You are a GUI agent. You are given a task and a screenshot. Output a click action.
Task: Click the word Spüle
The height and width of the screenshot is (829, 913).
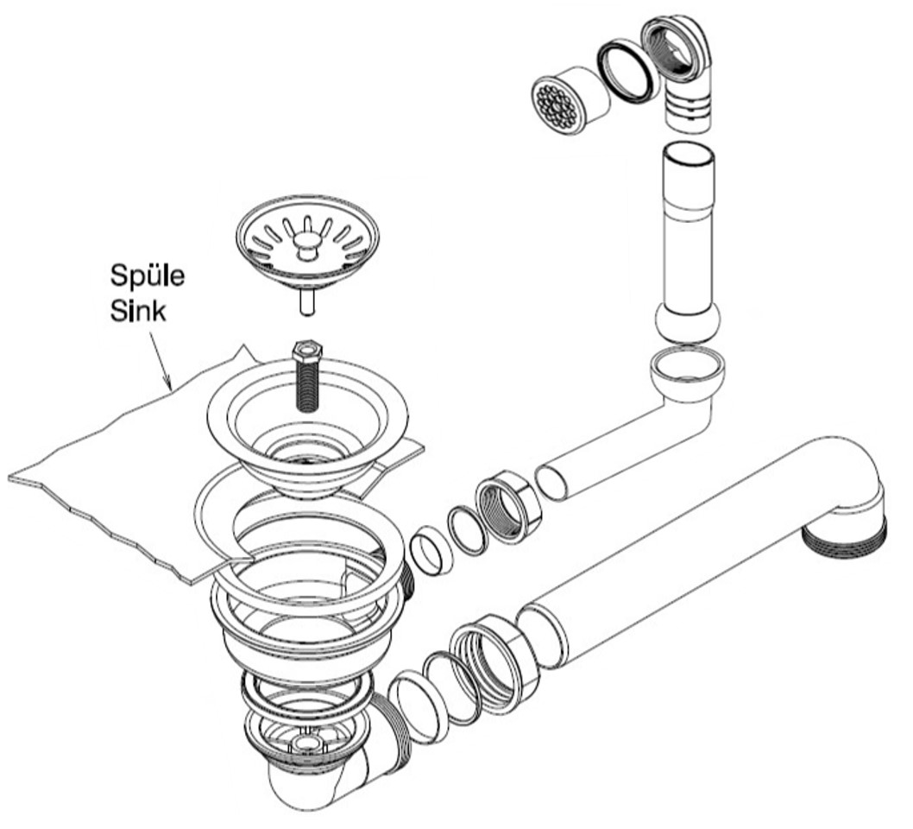click(147, 277)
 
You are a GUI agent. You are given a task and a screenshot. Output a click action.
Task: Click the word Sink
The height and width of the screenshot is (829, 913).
click(138, 312)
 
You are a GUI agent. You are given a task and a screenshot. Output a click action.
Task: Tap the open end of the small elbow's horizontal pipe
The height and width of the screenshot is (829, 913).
click(552, 482)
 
